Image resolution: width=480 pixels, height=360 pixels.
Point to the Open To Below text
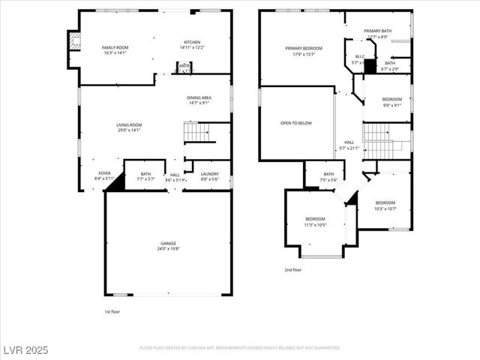tap(296, 123)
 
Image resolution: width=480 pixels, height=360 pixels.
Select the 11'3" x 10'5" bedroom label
tap(315, 221)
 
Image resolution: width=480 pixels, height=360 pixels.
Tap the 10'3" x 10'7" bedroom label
tap(385, 205)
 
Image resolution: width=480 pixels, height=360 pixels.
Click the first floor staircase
tap(196, 132)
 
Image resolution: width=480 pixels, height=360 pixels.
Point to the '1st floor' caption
tap(112, 311)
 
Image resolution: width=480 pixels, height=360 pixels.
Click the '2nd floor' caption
tap(292, 269)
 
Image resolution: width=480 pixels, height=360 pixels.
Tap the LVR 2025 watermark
tap(25, 349)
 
